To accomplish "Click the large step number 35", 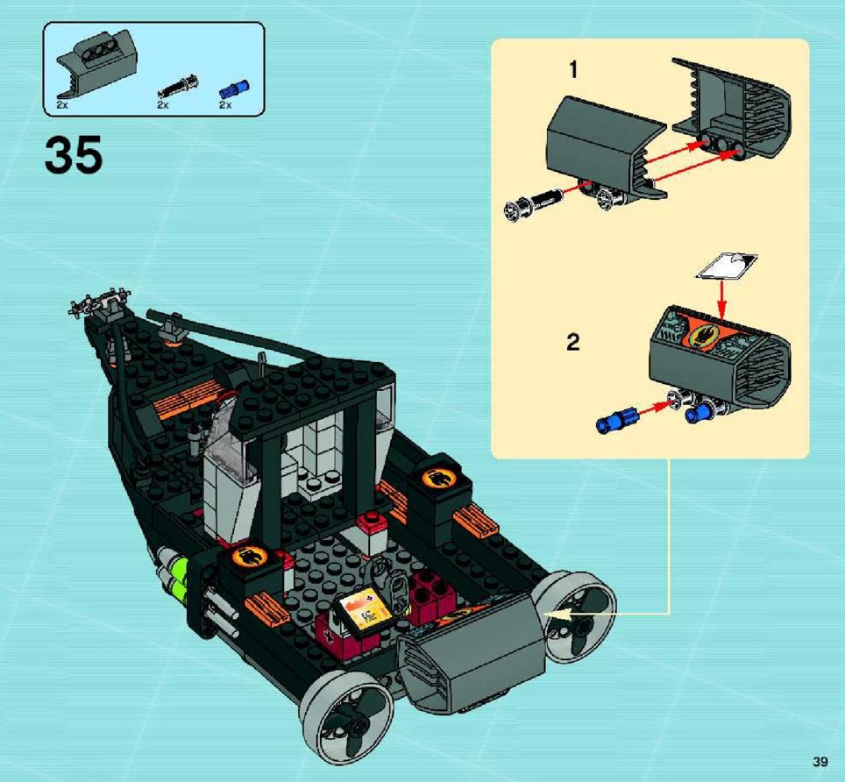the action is (x=74, y=154).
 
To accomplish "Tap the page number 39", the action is (x=820, y=762).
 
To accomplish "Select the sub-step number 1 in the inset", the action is (x=573, y=69).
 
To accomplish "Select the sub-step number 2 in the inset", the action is (x=573, y=342).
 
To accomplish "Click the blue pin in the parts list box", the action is (x=234, y=89).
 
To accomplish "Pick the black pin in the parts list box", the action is (x=178, y=88).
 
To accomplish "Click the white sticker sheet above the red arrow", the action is (x=727, y=266).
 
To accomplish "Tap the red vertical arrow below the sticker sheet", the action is (x=722, y=298).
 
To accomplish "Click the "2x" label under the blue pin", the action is (x=224, y=105).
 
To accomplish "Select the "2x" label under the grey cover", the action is (x=62, y=105).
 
